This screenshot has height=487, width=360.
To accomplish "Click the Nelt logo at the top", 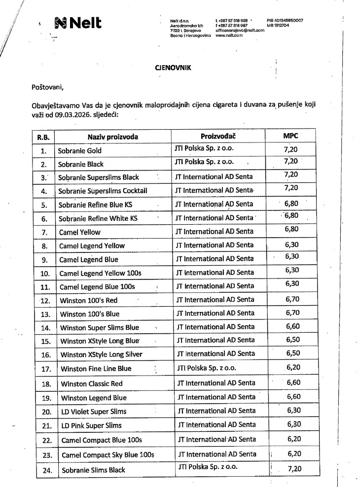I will pyautogui.click(x=78, y=22).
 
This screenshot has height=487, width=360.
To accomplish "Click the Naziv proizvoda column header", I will pyautogui.click(x=113, y=137).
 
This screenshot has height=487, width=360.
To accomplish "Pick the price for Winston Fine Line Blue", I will pyautogui.click(x=292, y=367).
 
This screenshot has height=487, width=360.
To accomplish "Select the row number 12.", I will pyautogui.click(x=45, y=300).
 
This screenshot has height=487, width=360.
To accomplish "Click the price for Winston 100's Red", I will pyautogui.click(x=292, y=299).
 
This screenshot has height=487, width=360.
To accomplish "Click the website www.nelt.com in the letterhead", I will pyautogui.click(x=229, y=35).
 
